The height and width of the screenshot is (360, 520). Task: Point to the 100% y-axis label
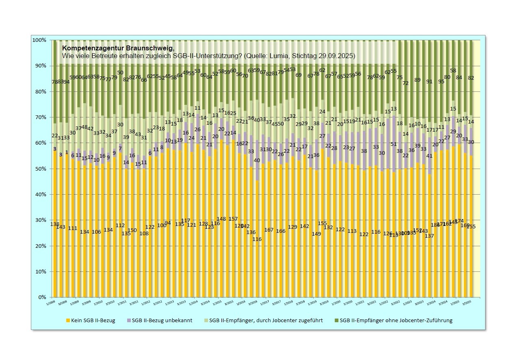[x=40, y=40]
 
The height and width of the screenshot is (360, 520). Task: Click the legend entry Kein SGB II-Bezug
[x=91, y=321]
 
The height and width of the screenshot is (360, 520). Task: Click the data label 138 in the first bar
[x=55, y=224]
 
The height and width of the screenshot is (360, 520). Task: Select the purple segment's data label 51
[x=393, y=144]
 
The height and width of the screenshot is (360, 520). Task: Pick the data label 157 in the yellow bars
[x=233, y=219]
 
